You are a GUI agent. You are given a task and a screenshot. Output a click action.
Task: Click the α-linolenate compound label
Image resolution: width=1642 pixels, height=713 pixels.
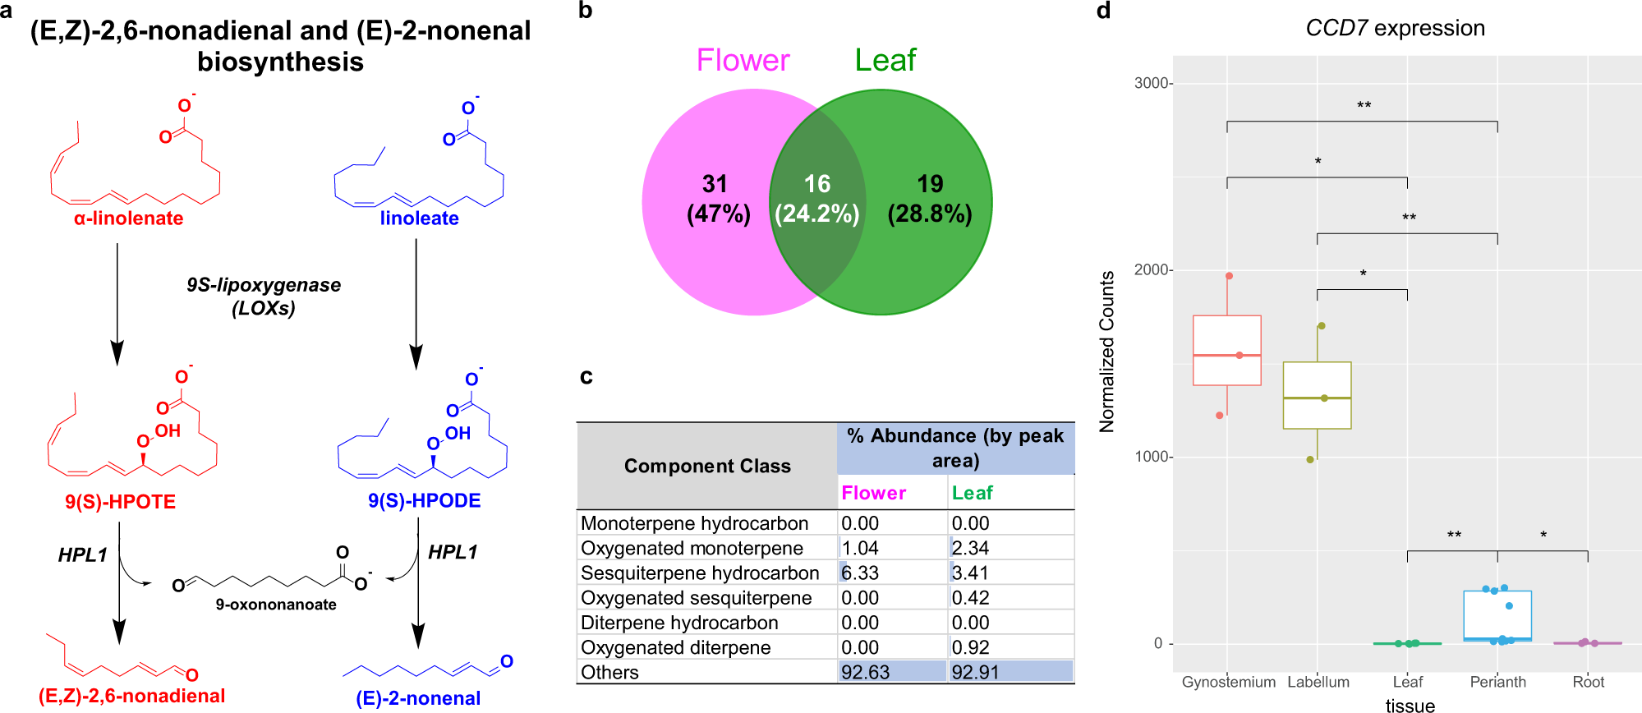coord(128,218)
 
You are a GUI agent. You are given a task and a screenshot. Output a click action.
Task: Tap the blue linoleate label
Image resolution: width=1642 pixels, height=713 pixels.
coord(419,218)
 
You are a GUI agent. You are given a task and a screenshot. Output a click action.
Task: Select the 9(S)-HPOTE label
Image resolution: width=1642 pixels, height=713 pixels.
coord(120,502)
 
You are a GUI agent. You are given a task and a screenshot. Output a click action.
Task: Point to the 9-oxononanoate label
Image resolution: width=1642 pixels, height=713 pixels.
coord(276,605)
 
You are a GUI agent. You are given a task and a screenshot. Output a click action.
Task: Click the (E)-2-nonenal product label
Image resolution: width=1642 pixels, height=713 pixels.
coord(418,698)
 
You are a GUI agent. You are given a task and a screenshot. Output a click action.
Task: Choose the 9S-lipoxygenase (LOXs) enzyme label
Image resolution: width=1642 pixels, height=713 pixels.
coord(263,297)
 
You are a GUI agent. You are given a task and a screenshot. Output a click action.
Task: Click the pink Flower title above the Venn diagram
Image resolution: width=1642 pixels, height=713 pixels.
coord(743,60)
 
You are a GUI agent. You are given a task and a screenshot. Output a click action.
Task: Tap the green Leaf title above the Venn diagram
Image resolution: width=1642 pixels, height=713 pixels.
coord(885,60)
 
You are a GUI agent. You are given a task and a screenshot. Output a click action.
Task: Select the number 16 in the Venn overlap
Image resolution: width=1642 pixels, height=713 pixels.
coord(816,184)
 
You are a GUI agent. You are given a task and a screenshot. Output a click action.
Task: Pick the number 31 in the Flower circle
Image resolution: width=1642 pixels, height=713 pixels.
coord(715,184)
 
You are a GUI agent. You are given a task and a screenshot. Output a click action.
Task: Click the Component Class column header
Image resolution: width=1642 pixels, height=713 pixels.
coord(707,466)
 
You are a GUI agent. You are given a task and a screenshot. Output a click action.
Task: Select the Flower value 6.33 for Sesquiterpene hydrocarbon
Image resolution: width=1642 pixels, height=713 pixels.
coord(860,573)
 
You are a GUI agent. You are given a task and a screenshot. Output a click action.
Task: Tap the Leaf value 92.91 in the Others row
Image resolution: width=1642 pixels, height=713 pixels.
coord(975,672)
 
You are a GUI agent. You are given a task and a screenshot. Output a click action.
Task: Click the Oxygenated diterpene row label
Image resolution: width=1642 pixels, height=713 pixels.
coord(675,647)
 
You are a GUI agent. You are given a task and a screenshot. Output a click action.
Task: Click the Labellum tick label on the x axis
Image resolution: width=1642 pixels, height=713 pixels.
coord(1318,682)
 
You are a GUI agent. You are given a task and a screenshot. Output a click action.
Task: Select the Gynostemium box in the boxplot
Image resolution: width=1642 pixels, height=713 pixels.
coord(1227,350)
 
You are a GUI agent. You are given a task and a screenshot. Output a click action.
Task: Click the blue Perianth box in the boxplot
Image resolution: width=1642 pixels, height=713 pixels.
coord(1497,615)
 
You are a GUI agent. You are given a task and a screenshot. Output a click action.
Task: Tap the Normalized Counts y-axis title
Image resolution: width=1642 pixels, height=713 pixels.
coord(1107,352)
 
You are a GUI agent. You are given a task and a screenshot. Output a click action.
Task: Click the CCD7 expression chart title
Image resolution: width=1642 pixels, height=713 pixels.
coord(1395,28)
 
